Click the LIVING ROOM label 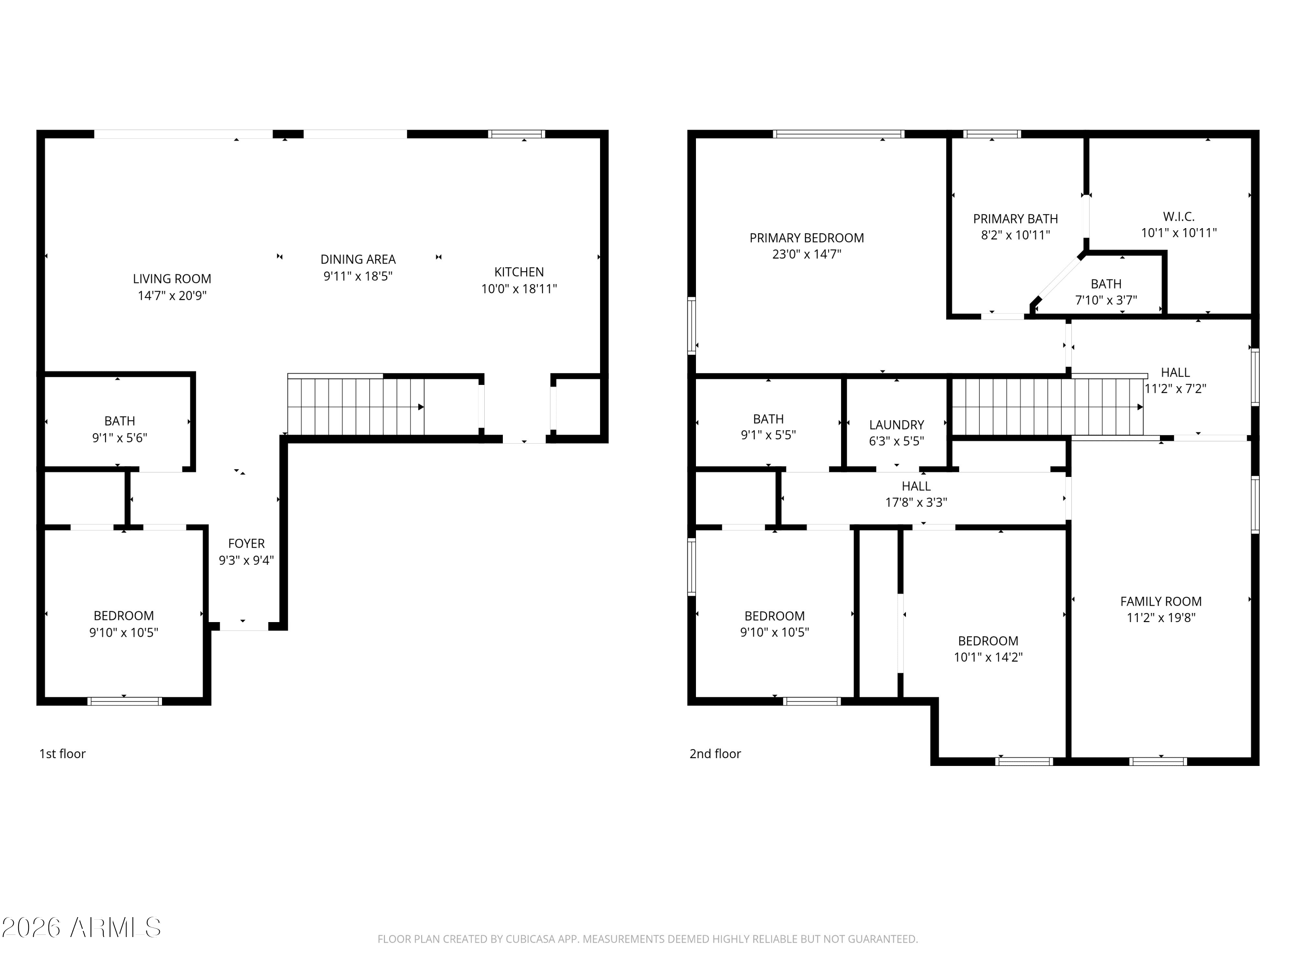(172, 279)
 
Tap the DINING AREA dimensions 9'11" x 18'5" (358, 276)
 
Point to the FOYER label (246, 544)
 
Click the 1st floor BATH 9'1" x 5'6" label (120, 421)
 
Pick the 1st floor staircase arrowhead (421, 407)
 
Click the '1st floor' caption (62, 754)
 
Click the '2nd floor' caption (715, 754)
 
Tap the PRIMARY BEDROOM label (806, 238)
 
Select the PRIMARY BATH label (1015, 219)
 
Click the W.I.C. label (1178, 216)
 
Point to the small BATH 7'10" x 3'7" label (1105, 284)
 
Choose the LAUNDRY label (896, 425)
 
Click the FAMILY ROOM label (1161, 601)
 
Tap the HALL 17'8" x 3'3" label (916, 486)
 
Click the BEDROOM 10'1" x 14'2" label (988, 641)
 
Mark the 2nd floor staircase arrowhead (1140, 407)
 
